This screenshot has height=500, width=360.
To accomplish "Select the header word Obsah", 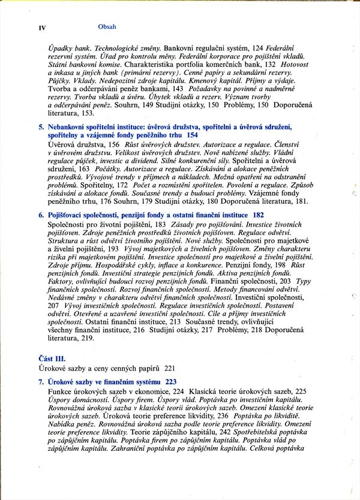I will [106, 27].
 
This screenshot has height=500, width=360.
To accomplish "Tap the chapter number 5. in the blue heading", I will [41, 127].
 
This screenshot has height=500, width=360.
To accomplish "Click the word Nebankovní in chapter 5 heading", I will [70, 127].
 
